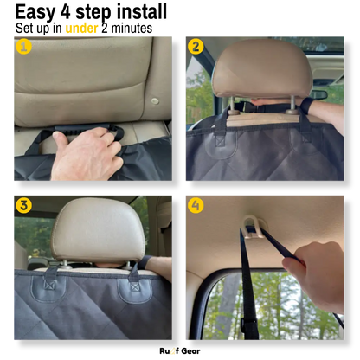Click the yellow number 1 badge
pos(23,47)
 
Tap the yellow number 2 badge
pos(196,47)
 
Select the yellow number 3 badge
pos(23,205)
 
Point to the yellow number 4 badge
pos(196,205)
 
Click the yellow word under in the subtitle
pos(81,29)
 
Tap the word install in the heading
pos(142,12)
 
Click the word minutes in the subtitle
pos(132,29)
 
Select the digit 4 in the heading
pos(66,12)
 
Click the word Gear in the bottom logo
pos(190,351)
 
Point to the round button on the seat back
pos(155,101)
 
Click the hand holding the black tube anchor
pos(87,154)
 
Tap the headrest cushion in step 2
pos(262,68)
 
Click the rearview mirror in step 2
pos(318,94)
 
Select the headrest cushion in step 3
pos(98,229)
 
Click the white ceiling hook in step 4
pos(253,227)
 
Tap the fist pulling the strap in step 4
pos(314,275)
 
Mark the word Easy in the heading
pos(35,13)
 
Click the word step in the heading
pos(93,13)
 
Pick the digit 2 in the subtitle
pos(105,29)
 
